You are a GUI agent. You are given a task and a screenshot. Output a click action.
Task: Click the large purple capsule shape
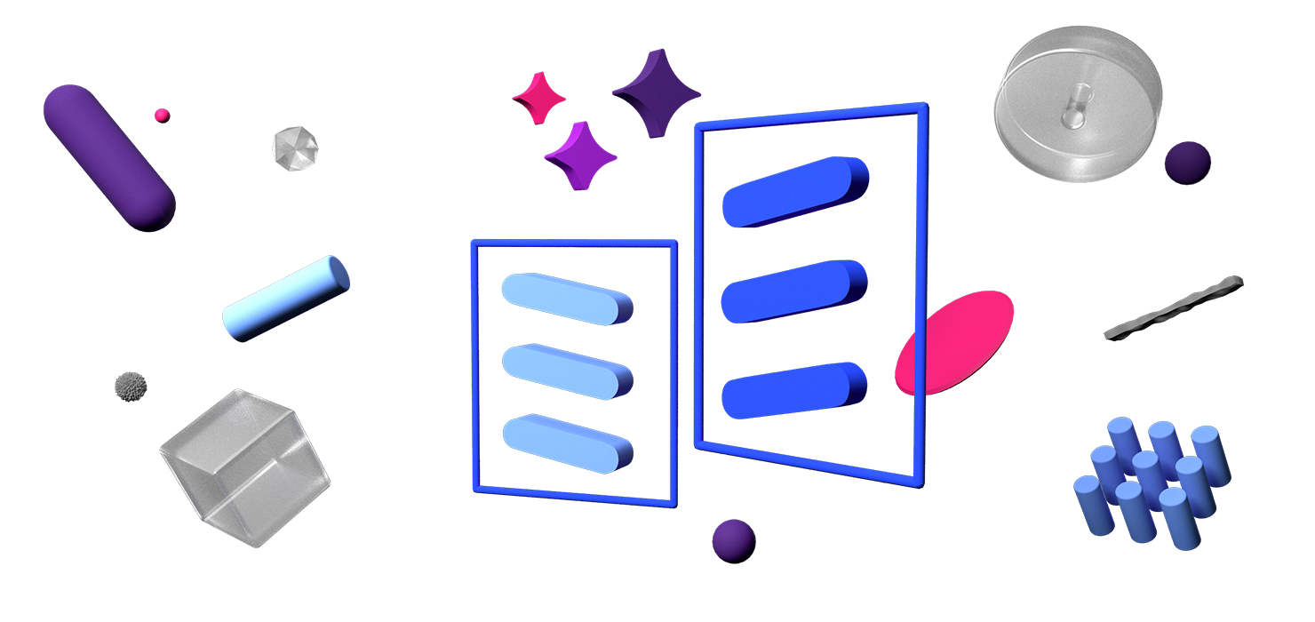(108, 157)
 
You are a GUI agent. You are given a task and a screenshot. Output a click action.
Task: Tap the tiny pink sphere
(162, 115)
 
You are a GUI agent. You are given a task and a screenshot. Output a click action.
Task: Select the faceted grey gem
(294, 146)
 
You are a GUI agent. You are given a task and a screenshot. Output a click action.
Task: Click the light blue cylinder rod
(285, 298)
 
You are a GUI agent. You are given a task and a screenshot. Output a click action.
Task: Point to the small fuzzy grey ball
(131, 386)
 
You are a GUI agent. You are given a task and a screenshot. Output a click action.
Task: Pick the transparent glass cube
(244, 466)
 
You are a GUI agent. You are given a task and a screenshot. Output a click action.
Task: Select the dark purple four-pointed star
(657, 92)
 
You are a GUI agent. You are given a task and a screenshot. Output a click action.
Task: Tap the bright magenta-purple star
(581, 155)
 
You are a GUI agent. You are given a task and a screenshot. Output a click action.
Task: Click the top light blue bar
(566, 298)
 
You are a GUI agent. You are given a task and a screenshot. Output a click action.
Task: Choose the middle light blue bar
(566, 370)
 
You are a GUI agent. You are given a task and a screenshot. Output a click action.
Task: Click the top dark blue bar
(793, 192)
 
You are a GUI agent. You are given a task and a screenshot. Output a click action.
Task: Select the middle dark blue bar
(793, 291)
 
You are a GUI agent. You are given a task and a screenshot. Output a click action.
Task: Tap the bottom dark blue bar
(793, 391)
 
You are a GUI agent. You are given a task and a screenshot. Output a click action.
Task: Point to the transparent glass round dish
(1078, 104)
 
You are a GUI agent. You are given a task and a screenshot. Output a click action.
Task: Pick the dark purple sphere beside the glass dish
(1187, 163)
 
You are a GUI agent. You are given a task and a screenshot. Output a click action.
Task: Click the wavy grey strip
(1173, 307)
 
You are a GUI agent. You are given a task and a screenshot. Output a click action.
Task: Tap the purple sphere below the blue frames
(734, 540)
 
